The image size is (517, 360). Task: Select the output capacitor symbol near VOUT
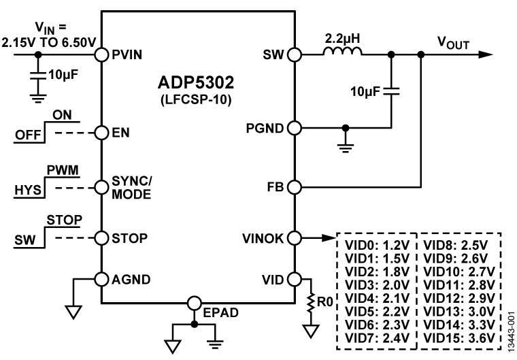click(392, 91)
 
